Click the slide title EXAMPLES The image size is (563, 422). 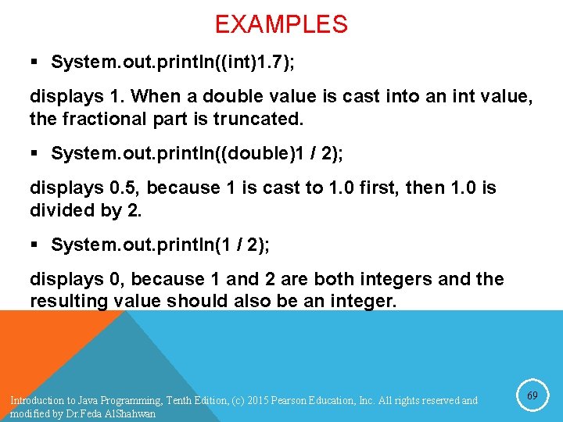[x=281, y=24]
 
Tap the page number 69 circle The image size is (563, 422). [x=532, y=396]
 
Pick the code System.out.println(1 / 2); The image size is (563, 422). [x=160, y=245]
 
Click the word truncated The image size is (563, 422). [x=262, y=119]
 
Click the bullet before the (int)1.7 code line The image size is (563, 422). [x=37, y=63]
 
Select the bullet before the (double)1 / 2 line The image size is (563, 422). [x=37, y=154]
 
